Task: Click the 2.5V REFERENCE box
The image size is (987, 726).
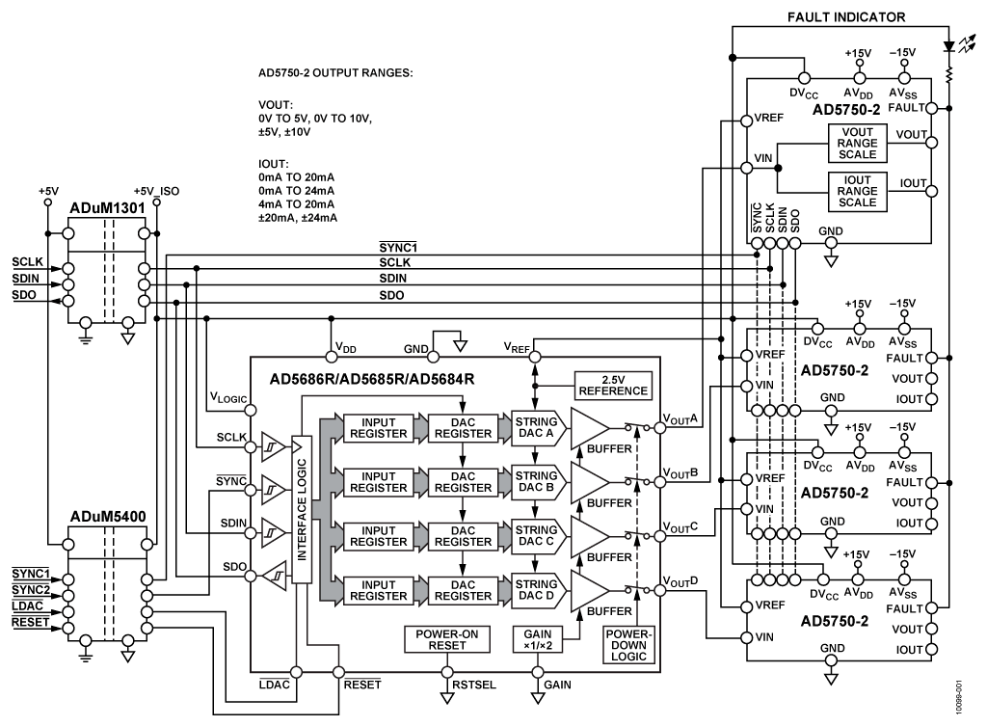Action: coord(612,386)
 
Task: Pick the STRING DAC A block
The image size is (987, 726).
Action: coord(535,427)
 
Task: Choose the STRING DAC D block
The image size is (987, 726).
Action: coord(535,590)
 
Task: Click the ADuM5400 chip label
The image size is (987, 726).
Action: coord(108,517)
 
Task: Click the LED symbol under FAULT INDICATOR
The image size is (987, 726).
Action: coord(950,45)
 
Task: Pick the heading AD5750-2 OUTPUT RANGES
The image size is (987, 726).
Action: coord(329,72)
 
